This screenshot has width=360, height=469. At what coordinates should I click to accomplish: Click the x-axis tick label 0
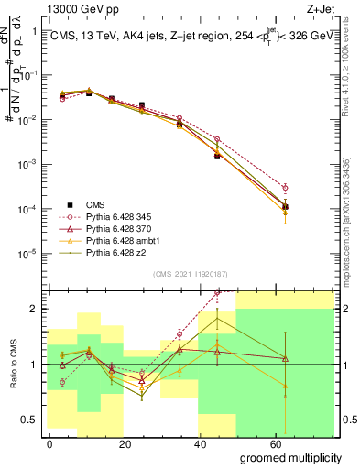[49, 443]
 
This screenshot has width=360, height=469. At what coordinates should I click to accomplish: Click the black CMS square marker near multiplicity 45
[217, 157]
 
